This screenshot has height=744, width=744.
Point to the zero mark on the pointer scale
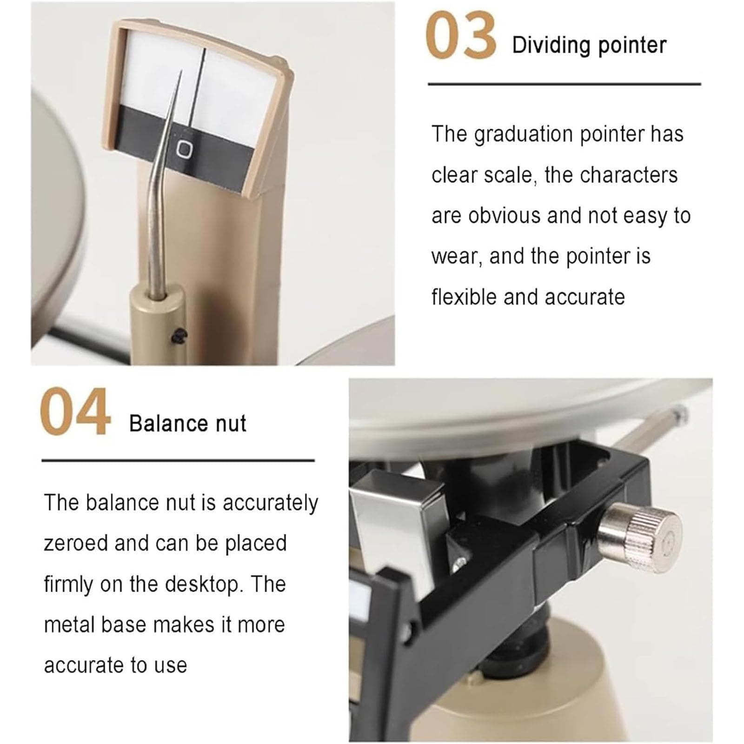pyautogui.click(x=185, y=149)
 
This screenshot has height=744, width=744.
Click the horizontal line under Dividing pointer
pyautogui.click(x=564, y=84)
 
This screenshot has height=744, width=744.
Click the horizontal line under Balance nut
pyautogui.click(x=178, y=461)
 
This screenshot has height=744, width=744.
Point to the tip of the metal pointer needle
pyautogui.click(x=181, y=71)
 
